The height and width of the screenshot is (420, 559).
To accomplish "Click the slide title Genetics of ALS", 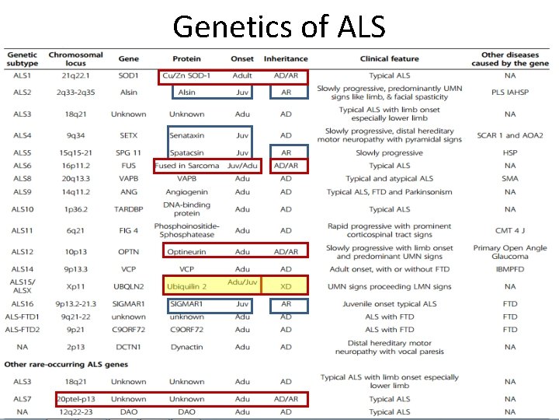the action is click(x=279, y=26).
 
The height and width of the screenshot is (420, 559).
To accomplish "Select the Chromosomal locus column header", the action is click(x=75, y=58).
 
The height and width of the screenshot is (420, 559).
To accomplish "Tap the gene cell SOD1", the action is click(x=129, y=75).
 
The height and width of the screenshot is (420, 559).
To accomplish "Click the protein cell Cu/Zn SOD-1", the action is click(x=186, y=75).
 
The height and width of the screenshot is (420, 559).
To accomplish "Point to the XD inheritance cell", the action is click(x=286, y=286).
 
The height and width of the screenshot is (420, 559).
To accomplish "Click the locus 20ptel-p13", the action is click(x=75, y=399).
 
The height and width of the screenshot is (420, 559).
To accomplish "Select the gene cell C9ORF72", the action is click(x=129, y=329).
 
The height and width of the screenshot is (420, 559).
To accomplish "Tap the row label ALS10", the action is click(x=23, y=209).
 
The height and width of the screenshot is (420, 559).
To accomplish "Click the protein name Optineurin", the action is click(x=187, y=251).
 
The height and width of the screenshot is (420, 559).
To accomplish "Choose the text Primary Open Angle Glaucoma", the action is click(x=509, y=252).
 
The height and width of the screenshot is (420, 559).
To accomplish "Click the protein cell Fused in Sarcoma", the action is click(x=187, y=166).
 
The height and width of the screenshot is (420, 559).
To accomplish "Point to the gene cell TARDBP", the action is click(x=129, y=209).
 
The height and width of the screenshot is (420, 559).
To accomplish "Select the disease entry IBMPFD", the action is click(x=509, y=269).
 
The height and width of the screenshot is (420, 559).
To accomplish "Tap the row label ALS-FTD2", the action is click(x=23, y=329).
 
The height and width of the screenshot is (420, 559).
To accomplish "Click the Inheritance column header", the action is click(x=286, y=58).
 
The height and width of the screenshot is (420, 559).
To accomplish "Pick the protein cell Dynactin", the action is click(x=187, y=347).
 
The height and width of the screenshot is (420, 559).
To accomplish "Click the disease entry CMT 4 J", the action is click(x=509, y=230).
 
